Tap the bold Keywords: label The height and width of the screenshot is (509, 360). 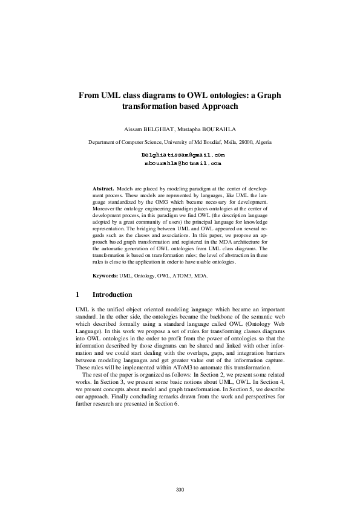(105, 275)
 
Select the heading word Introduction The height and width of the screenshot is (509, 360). (112, 295)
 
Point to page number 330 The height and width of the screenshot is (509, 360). (180, 489)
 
